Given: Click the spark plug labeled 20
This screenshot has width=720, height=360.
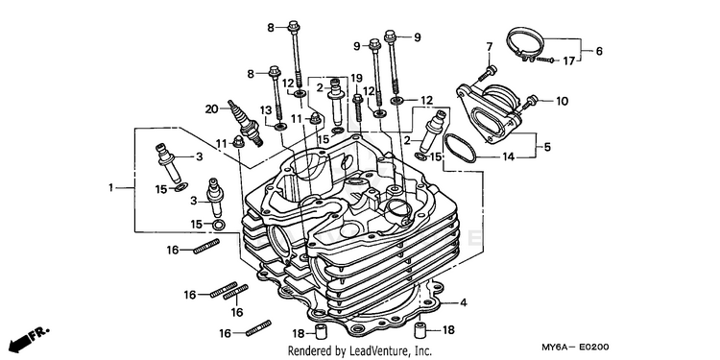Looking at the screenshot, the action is tap(246, 123).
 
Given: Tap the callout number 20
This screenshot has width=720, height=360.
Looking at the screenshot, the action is tap(212, 108).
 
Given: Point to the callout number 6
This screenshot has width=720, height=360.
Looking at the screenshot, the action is tap(599, 51).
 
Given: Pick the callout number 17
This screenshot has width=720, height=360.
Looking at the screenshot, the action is tap(569, 60).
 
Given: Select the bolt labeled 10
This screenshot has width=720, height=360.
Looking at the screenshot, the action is tap(529, 102).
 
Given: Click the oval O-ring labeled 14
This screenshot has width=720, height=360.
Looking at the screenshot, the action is tap(460, 148).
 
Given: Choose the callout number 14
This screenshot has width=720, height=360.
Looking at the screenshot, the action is tap(508, 157).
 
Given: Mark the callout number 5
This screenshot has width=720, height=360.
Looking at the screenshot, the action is tap(547, 148).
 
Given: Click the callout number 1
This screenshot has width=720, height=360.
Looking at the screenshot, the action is tap(110, 187).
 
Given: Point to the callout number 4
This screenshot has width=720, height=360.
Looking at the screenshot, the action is tap(464, 302).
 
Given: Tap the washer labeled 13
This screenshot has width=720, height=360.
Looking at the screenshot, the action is tap(279, 127).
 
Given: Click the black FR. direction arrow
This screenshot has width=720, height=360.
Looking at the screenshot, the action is tap(29, 339).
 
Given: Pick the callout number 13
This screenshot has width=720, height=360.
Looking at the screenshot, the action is tap(266, 110).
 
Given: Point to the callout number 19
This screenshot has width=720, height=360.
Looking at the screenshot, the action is tap(357, 78).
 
